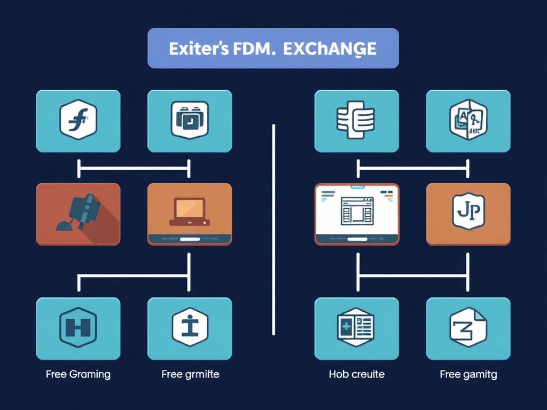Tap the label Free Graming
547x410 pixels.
click(x=78, y=374)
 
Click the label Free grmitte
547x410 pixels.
click(x=190, y=374)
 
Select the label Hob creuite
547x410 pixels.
click(x=356, y=374)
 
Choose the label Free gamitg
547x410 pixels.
click(x=468, y=374)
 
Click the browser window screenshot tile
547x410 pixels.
click(x=357, y=214)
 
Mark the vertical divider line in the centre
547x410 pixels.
click(x=273, y=230)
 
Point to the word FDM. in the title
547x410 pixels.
click(x=252, y=49)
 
